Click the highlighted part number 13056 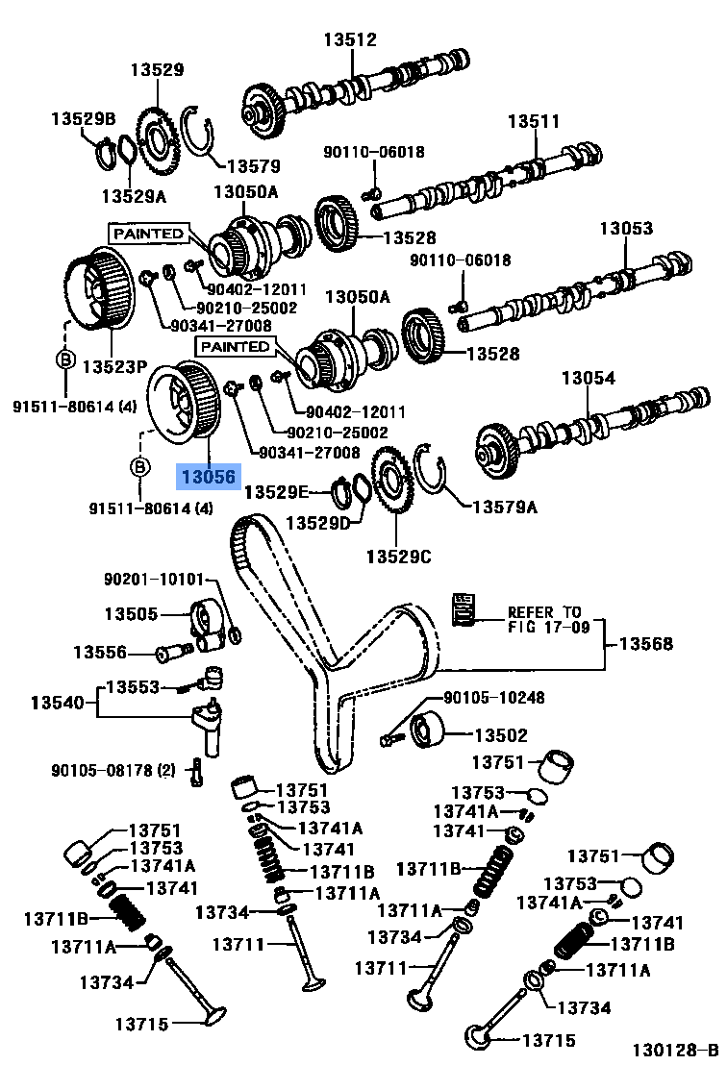point(207,476)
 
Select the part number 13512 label point(349,40)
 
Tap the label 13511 point(534,122)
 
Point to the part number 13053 point(626,229)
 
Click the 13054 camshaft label point(589,379)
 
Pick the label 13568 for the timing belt point(645,644)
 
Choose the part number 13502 point(500,735)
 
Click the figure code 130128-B point(675,1050)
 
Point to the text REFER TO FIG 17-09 point(544,619)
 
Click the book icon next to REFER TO point(464,609)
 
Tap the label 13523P point(114,366)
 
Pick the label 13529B point(83,118)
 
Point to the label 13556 point(100,652)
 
